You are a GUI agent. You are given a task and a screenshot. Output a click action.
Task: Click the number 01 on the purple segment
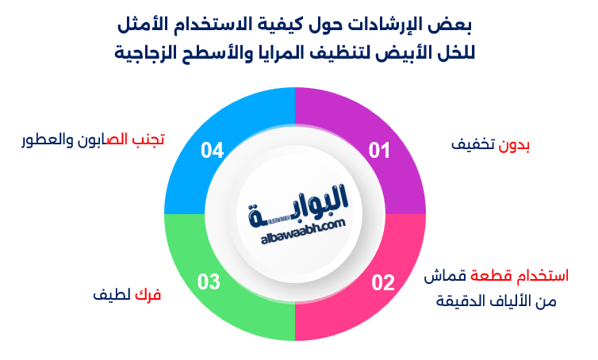[x=380, y=151]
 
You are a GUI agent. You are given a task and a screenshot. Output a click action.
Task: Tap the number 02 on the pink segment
[x=383, y=281]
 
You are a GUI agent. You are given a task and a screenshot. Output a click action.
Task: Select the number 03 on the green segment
[x=209, y=281]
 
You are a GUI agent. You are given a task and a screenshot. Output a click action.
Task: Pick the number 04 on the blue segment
[x=212, y=151]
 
